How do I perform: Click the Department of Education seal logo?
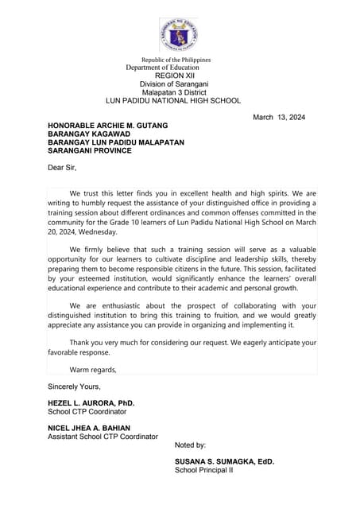point(179,34)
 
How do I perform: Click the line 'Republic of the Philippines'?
point(176,60)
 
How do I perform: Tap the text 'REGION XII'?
point(175,76)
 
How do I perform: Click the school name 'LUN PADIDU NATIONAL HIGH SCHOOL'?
point(173,101)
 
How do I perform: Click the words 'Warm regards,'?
point(93,370)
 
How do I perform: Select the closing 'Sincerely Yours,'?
point(74,387)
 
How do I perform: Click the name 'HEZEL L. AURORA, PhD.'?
point(91,403)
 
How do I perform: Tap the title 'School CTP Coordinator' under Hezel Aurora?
point(87,412)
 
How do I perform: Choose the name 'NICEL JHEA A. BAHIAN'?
point(89,429)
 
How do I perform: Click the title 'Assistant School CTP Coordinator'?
point(103,437)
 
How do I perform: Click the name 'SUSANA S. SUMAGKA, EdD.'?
point(225,462)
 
